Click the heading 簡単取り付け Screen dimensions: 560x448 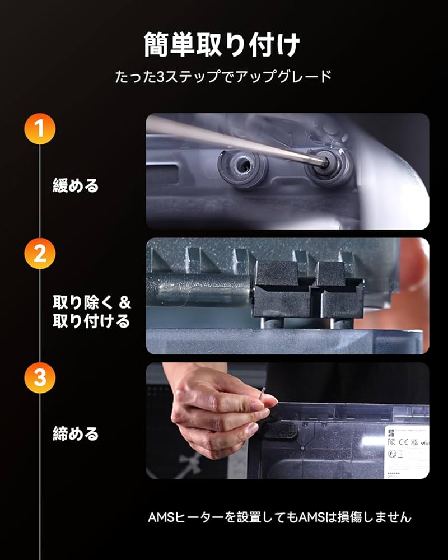pos(223,45)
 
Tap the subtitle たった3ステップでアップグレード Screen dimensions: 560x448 pos(223,77)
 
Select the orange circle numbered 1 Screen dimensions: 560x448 pos(40,128)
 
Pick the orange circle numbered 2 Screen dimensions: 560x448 pos(40,254)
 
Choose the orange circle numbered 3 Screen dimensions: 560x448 pos(40,377)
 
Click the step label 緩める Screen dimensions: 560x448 pos(76,185)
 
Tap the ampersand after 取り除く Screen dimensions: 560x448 pos(125,303)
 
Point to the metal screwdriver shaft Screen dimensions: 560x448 pos(235,140)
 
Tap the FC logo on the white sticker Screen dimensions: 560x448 pos(392,441)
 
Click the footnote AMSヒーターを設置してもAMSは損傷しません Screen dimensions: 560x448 pos(279,517)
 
